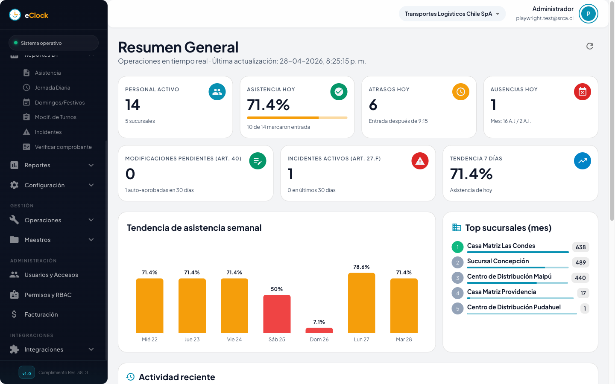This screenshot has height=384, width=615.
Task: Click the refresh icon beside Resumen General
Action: [590, 46]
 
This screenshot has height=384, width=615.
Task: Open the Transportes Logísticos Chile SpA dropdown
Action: [452, 14]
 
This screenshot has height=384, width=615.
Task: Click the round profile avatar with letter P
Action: [588, 14]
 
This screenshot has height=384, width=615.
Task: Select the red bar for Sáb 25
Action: [277, 314]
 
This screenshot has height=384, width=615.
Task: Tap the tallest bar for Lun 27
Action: [361, 303]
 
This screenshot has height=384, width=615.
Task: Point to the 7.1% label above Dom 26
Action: [319, 322]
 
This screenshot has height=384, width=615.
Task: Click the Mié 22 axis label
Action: [149, 340]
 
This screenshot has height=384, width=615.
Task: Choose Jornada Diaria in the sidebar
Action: [52, 87]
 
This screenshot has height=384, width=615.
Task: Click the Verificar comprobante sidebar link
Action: [63, 147]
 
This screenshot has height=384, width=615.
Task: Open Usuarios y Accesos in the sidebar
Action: [51, 275]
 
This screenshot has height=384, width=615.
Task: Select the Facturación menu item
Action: [41, 314]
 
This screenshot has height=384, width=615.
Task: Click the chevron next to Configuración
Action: [91, 185]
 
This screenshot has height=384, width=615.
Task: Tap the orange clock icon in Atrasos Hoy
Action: [460, 92]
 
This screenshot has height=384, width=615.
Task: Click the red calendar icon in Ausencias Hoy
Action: [582, 92]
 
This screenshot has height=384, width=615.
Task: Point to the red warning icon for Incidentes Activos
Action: [420, 161]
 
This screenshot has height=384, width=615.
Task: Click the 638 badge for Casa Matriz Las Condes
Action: [580, 247]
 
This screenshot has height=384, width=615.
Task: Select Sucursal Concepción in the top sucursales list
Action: [498, 261]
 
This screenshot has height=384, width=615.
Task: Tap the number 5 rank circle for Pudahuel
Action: [457, 308]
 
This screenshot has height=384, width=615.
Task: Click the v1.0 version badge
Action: [26, 373]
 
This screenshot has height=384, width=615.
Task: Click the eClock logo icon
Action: [15, 15]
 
